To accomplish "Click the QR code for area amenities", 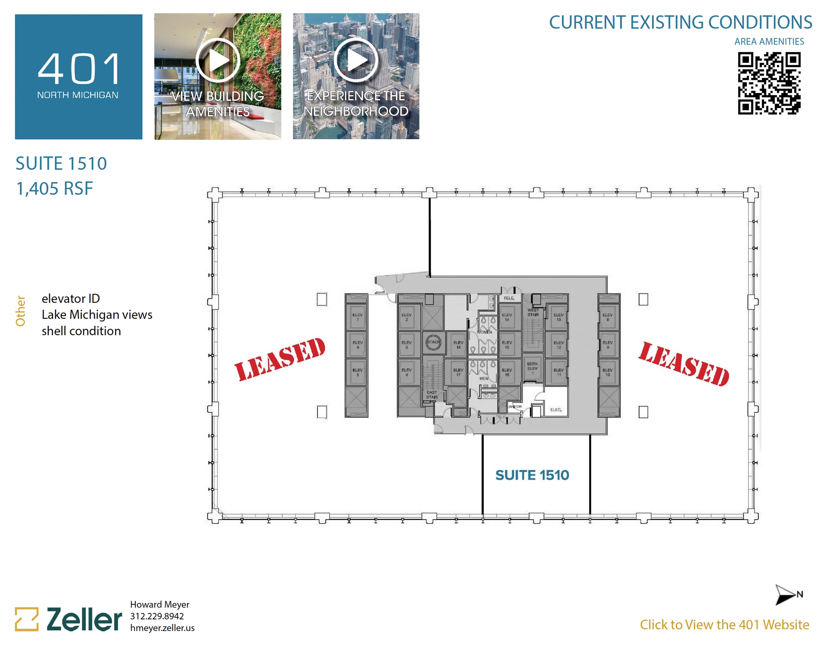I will pos(769,83).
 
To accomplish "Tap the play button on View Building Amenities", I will pos(217,60).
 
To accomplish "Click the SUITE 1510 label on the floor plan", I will pos(532,475).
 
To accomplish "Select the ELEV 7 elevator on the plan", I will pos(357,317).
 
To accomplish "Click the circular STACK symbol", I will pos(433,342).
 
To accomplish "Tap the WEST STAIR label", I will pos(533,312).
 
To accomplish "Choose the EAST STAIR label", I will pos(432,394).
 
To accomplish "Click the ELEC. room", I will pos(556,409).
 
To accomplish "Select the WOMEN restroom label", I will pos(484,332).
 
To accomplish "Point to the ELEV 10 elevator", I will pos(608,372).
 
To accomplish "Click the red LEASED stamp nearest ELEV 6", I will pos(280,359).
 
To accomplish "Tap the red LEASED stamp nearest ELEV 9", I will pos(684,364).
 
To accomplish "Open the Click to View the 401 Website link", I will pos(724,625).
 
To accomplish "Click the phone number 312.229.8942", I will pos(157,616).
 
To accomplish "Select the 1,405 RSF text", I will pos(54,189).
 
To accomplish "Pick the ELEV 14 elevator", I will pos(507,317).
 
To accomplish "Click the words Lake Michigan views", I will pos(97,315).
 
